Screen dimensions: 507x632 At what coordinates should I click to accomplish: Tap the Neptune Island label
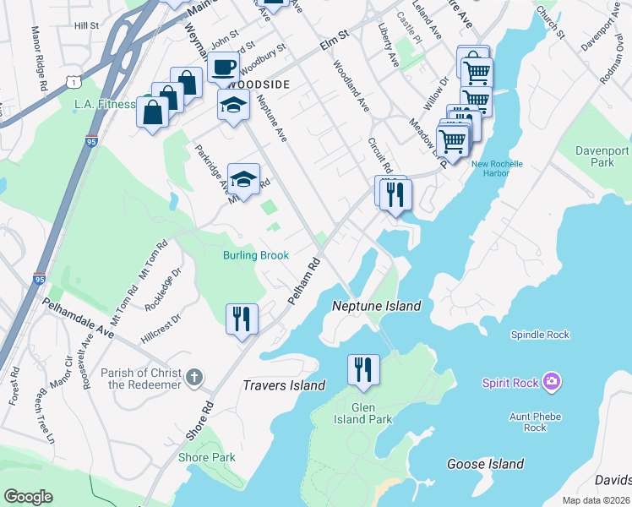pos(376,306)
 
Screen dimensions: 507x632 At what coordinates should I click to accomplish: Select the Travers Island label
pos(284,385)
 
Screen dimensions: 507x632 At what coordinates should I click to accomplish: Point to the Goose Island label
pos(485,464)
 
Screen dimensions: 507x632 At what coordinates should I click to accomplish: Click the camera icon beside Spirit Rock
pos(553,383)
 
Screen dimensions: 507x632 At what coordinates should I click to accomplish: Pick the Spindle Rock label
pos(540,335)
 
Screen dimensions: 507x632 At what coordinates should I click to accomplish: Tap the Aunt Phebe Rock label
pos(534,422)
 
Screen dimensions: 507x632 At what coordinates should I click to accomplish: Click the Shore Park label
pos(207,457)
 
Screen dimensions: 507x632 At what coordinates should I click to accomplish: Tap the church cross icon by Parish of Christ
pos(194,377)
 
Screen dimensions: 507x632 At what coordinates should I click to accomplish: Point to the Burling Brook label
pos(256,255)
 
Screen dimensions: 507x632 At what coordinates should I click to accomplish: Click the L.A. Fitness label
pos(105,104)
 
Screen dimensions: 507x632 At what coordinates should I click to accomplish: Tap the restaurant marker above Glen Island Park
pos(363,370)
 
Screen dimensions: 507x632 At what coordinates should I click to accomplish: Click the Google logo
pos(28,497)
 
